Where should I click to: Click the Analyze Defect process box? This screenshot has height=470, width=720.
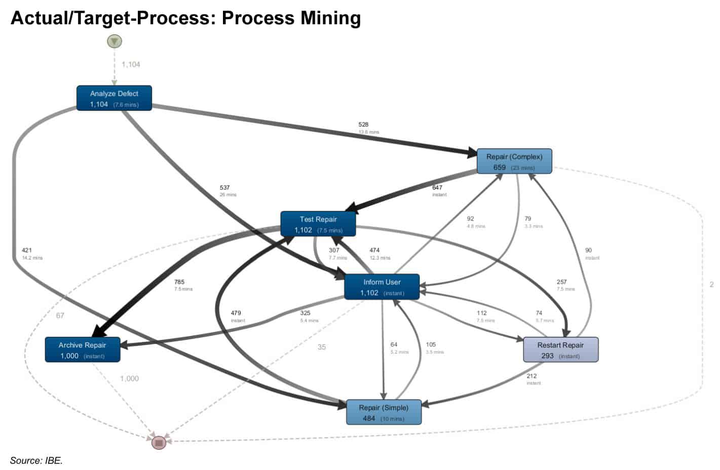[x=114, y=98]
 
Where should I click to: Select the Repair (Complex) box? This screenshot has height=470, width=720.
[x=514, y=161]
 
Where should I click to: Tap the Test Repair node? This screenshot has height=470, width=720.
[x=318, y=224]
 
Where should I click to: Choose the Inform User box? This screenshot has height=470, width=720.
[x=382, y=287]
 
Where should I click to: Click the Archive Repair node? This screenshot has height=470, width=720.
[x=82, y=350]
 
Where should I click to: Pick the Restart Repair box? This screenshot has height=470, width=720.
[x=560, y=350]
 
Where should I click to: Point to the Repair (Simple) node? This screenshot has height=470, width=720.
[x=384, y=412]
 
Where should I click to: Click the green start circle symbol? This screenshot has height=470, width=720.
[x=115, y=41]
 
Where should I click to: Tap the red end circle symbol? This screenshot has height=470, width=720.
[x=159, y=443]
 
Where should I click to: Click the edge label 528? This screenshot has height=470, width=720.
[x=363, y=124]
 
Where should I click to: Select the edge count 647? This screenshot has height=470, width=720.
[x=437, y=188]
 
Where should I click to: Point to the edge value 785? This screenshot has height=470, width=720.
[x=179, y=282]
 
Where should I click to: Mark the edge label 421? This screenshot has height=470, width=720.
[x=27, y=250]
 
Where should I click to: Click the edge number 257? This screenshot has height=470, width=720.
[x=561, y=282]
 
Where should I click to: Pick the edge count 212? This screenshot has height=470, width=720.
[x=532, y=376]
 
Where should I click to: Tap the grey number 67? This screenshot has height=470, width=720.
[x=60, y=316]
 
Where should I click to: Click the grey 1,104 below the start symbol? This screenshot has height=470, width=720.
[x=131, y=65]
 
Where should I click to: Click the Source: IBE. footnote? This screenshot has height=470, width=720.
[x=36, y=460]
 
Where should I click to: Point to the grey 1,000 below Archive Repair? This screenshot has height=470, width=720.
[x=129, y=378]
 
